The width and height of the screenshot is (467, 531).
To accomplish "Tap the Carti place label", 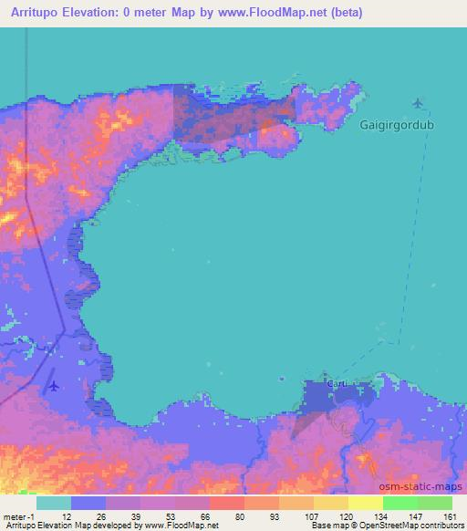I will coord(337,384).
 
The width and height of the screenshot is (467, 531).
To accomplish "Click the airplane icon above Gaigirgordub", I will coord(419,102).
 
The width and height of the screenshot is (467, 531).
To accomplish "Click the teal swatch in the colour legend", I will coord(54,503).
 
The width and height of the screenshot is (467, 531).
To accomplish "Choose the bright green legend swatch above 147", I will coord(400,503).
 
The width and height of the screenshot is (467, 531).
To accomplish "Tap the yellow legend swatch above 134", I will coord(366,503).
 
